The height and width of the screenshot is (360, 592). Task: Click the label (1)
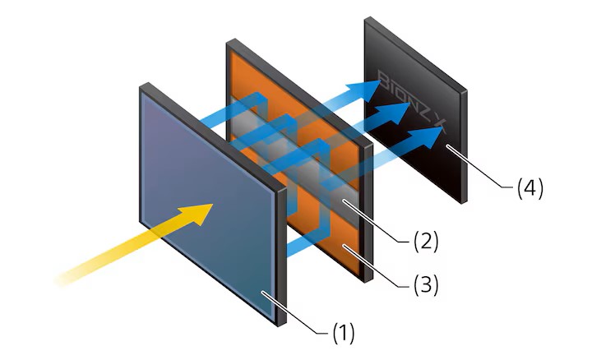click(x=344, y=333)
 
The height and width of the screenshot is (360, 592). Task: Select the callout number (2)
click(x=426, y=241)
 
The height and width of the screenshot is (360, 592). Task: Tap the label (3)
click(x=426, y=285)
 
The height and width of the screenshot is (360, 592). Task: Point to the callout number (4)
click(x=530, y=187)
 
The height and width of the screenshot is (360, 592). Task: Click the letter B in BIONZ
click(x=384, y=81)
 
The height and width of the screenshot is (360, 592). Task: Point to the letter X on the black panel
click(x=439, y=126)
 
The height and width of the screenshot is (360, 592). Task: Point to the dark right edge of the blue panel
click(x=281, y=256)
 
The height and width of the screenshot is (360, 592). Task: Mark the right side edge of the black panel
click(x=464, y=147)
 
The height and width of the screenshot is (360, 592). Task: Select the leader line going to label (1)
click(x=295, y=312)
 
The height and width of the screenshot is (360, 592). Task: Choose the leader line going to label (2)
click(x=377, y=222)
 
